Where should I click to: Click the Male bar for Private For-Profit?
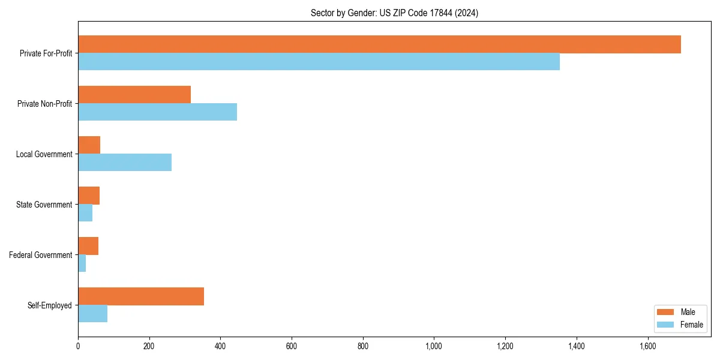pyautogui.click(x=379, y=44)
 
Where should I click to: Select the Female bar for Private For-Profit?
pyautogui.click(x=319, y=62)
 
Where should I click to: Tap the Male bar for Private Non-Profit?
pyautogui.click(x=134, y=95)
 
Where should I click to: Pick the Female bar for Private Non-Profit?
pyautogui.click(x=157, y=112)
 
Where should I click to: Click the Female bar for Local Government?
pyautogui.click(x=125, y=163)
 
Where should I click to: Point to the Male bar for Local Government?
pyautogui.click(x=89, y=145)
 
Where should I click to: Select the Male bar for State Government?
pyautogui.click(x=89, y=196)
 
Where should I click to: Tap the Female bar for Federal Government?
pyautogui.click(x=82, y=263)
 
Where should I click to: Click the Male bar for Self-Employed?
pyautogui.click(x=141, y=296)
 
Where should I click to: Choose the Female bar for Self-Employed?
pyautogui.click(x=93, y=314)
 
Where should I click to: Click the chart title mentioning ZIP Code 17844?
pyautogui.click(x=394, y=13)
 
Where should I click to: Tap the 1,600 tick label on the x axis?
pyautogui.click(x=647, y=346)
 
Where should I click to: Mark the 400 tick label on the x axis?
pyautogui.click(x=220, y=346)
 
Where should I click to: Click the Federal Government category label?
pyautogui.click(x=41, y=255)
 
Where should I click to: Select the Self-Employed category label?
pyautogui.click(x=50, y=305)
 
